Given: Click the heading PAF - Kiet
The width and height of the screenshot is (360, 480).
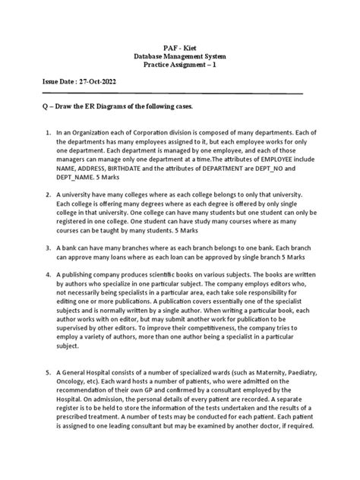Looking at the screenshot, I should coord(180,48).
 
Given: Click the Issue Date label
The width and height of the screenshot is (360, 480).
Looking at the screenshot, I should coord(58,81).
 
